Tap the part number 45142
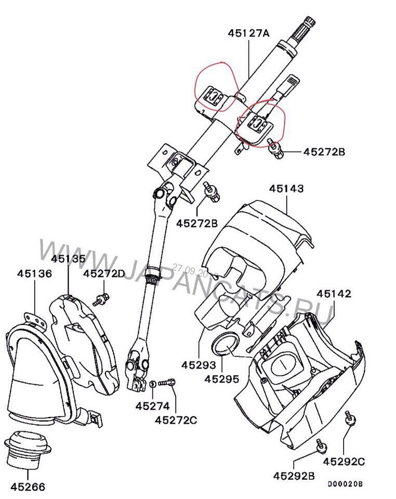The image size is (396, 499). (334, 294)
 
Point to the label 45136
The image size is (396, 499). (34, 273)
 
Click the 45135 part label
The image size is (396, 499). (69, 258)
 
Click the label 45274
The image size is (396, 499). (150, 405)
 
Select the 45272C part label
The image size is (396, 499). (176, 419)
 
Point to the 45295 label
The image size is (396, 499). (222, 379)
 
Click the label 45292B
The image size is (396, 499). (294, 475)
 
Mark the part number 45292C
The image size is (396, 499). (344, 461)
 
